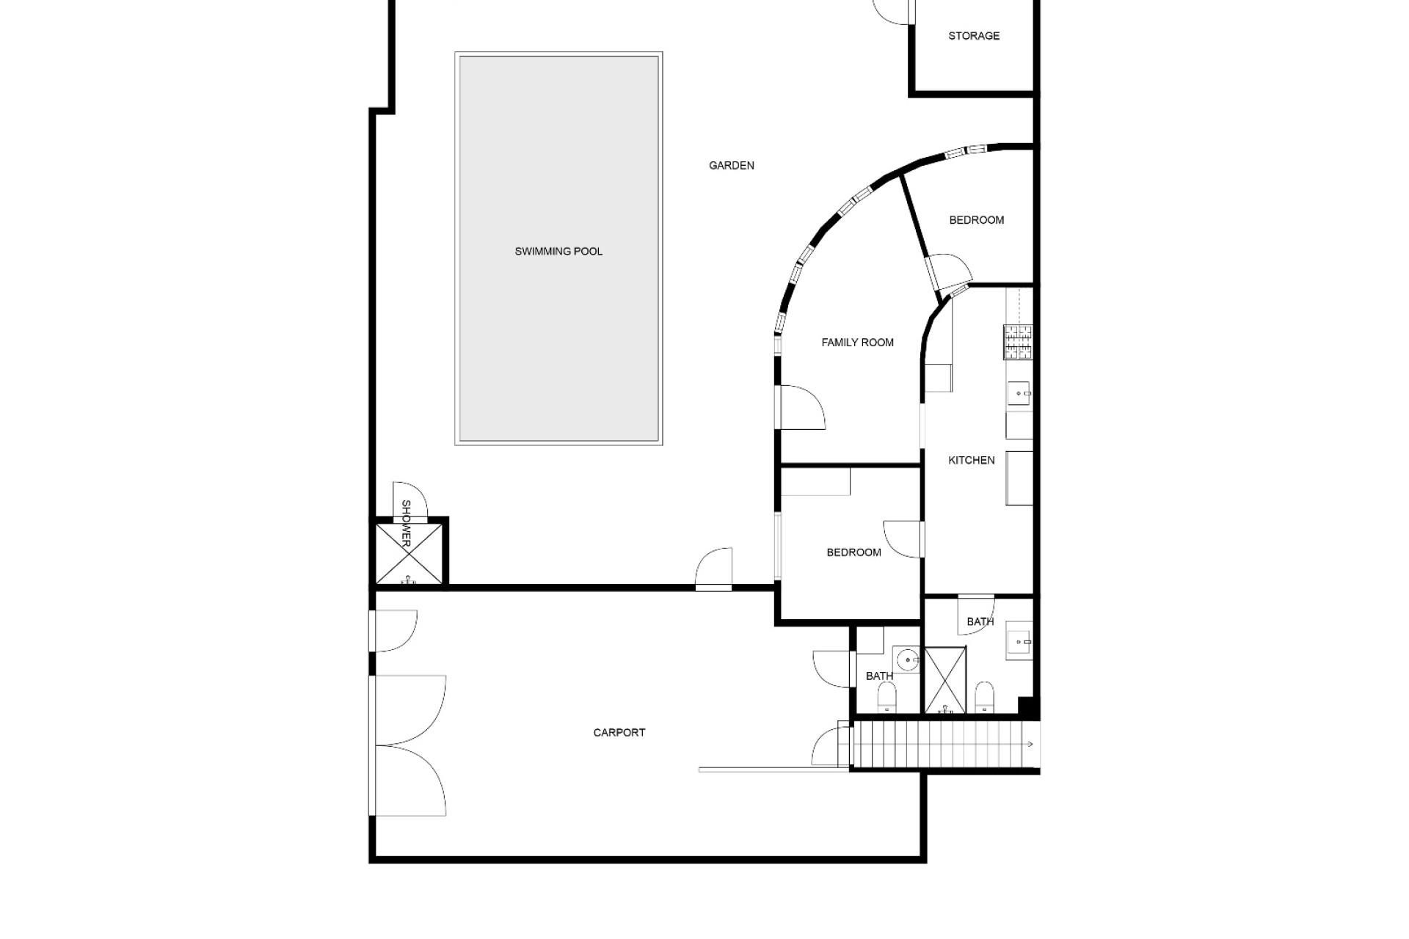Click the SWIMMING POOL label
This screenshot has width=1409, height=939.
[x=558, y=252]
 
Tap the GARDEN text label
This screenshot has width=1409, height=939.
[x=732, y=166]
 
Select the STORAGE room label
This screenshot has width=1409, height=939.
[x=974, y=36]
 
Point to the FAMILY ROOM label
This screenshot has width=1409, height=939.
[x=857, y=343]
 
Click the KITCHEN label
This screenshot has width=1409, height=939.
[x=972, y=461]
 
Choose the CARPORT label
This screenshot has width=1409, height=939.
[x=619, y=733]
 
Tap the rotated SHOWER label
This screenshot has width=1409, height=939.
[x=406, y=524]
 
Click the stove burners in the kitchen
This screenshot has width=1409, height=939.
[x=1018, y=342]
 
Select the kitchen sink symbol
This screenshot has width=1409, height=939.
[x=1019, y=394]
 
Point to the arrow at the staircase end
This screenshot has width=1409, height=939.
[x=1029, y=745]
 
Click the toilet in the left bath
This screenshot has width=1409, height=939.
[x=887, y=697]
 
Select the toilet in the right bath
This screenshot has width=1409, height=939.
[x=984, y=697]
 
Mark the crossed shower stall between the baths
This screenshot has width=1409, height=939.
[x=945, y=680]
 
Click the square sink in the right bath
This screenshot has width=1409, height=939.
[x=1019, y=641]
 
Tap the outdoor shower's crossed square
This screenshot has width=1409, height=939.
[x=409, y=554]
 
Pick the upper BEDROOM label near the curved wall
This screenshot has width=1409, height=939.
[x=976, y=220]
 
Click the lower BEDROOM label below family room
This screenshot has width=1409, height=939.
[x=853, y=552]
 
